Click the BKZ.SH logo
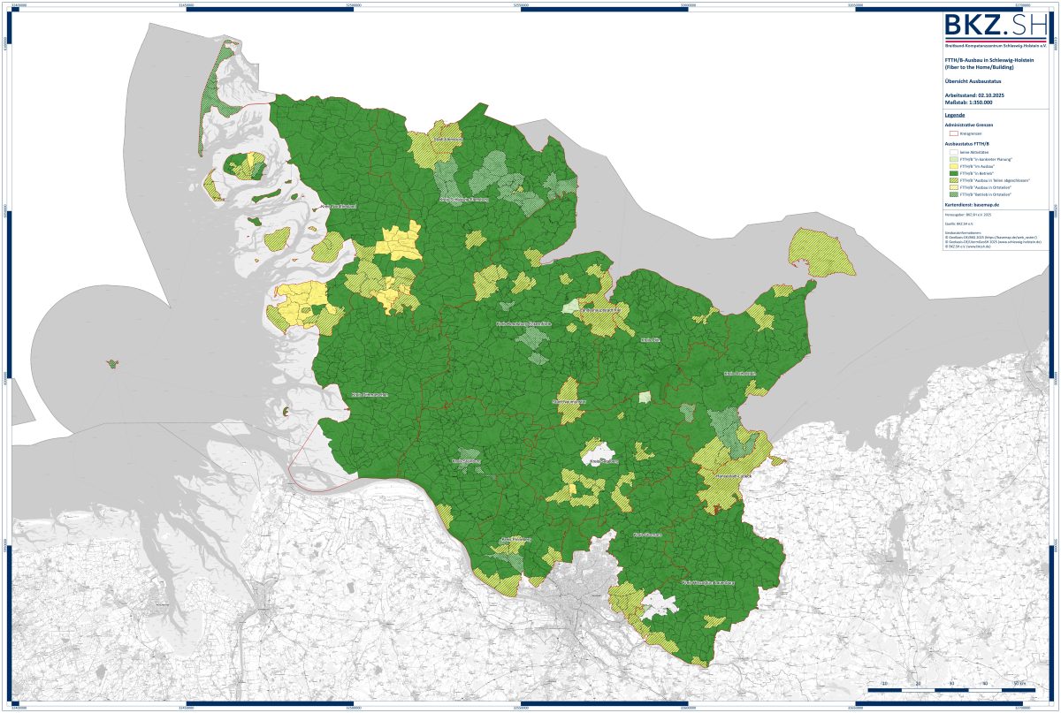coord(996,27)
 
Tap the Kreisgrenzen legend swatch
coord(953,133)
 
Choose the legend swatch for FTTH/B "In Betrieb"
coord(953,172)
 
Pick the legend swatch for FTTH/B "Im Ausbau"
coord(953,166)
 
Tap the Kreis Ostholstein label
coord(741,374)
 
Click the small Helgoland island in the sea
coord(112,363)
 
